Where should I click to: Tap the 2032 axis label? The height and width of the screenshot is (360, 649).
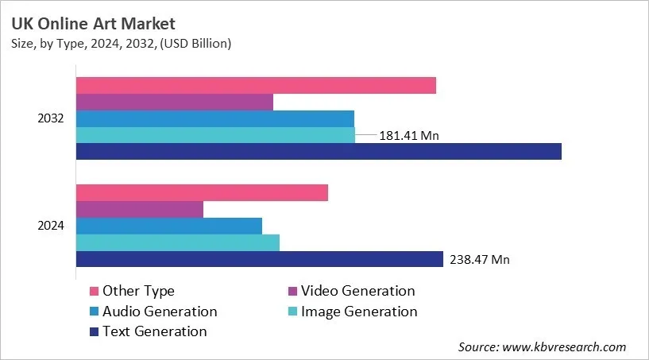[51, 118]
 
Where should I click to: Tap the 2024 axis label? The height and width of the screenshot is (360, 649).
[51, 226]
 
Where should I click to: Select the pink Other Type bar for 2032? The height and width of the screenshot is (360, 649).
[256, 85]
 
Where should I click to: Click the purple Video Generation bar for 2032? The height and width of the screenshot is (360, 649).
[174, 102]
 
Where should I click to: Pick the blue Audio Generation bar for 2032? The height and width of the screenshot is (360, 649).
[214, 118]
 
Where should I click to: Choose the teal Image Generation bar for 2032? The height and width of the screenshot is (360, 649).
[215, 135]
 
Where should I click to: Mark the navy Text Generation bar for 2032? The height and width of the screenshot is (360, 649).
[319, 151]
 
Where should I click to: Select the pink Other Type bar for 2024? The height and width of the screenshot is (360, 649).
[202, 192]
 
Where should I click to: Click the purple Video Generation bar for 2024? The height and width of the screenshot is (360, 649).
[139, 209]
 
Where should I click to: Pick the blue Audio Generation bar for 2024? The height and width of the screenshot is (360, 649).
[168, 226]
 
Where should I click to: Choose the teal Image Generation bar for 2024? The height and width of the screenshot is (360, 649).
[177, 242]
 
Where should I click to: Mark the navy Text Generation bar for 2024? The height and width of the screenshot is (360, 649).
[259, 259]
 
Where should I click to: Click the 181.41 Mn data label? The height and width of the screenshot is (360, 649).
[409, 136]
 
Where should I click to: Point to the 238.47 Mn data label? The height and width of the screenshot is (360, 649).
[480, 259]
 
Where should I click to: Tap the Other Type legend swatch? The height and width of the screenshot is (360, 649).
[94, 292]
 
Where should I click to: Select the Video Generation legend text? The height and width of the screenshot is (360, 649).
[359, 291]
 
